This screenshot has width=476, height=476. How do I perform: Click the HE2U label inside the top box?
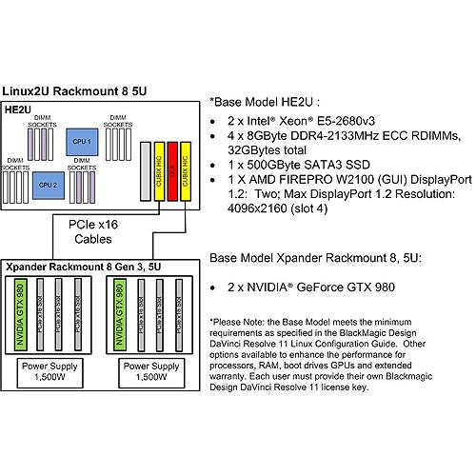pos(19,110)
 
